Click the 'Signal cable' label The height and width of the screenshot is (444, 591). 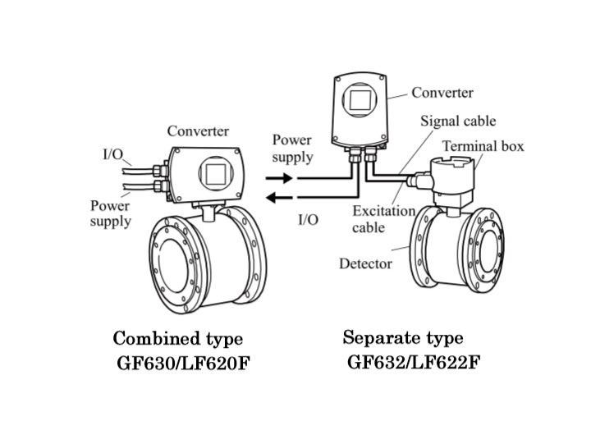tap(458, 121)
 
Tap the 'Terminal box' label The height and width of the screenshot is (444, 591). tap(483, 147)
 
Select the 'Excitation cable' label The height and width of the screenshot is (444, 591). tap(383, 219)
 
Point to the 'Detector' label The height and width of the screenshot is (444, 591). tap(365, 263)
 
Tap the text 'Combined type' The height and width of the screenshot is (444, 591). tap(177, 338)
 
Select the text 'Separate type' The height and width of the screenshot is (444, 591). tap(403, 337)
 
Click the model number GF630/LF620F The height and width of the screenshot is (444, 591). tap(182, 362)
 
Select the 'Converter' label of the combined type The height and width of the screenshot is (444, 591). tap(198, 131)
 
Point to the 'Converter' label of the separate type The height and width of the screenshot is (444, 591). tap(442, 93)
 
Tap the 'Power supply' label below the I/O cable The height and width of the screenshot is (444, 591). tap(110, 213)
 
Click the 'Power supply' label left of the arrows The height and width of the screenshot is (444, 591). tap(292, 148)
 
